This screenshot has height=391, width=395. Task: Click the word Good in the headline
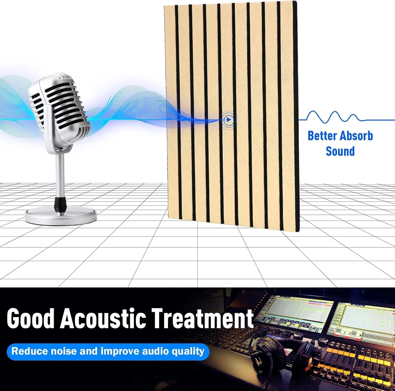click(30, 318)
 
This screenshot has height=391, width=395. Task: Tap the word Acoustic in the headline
click(103, 318)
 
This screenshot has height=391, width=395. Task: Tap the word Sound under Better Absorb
click(340, 151)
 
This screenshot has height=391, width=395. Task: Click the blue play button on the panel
click(229, 120)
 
